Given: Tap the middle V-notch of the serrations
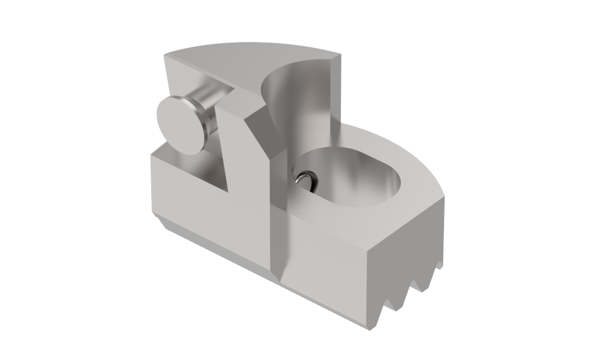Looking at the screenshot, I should [415, 291].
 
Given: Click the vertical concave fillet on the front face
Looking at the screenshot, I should [280, 240].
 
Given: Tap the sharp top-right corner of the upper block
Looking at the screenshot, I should [340, 55].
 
